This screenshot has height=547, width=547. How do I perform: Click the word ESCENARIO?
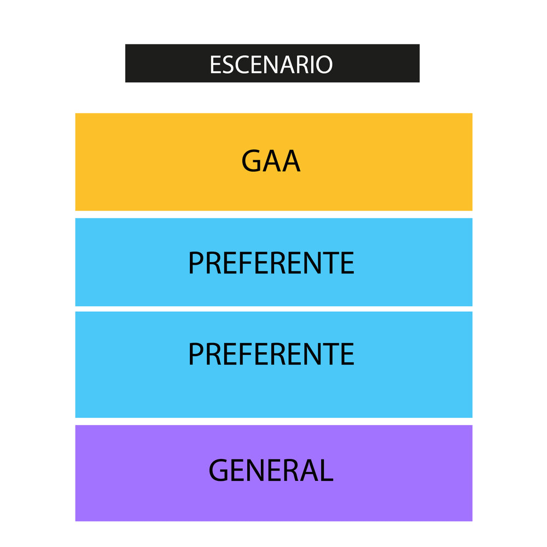pyautogui.click(x=271, y=65)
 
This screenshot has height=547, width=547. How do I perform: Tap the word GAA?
pyautogui.click(x=271, y=161)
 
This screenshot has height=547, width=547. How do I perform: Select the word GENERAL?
pyautogui.click(x=271, y=470)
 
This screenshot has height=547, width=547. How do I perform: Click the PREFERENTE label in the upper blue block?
pyautogui.click(x=271, y=263)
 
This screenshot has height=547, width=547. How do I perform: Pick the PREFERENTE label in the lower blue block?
pyautogui.click(x=271, y=354)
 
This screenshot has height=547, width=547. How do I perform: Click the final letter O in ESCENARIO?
pyautogui.click(x=324, y=65)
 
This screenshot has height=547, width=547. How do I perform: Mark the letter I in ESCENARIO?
pyautogui.click(x=312, y=65)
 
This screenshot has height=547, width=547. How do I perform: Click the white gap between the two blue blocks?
pyautogui.click(x=274, y=309)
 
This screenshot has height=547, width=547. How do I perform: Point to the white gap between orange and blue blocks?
pyautogui.click(x=274, y=214)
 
